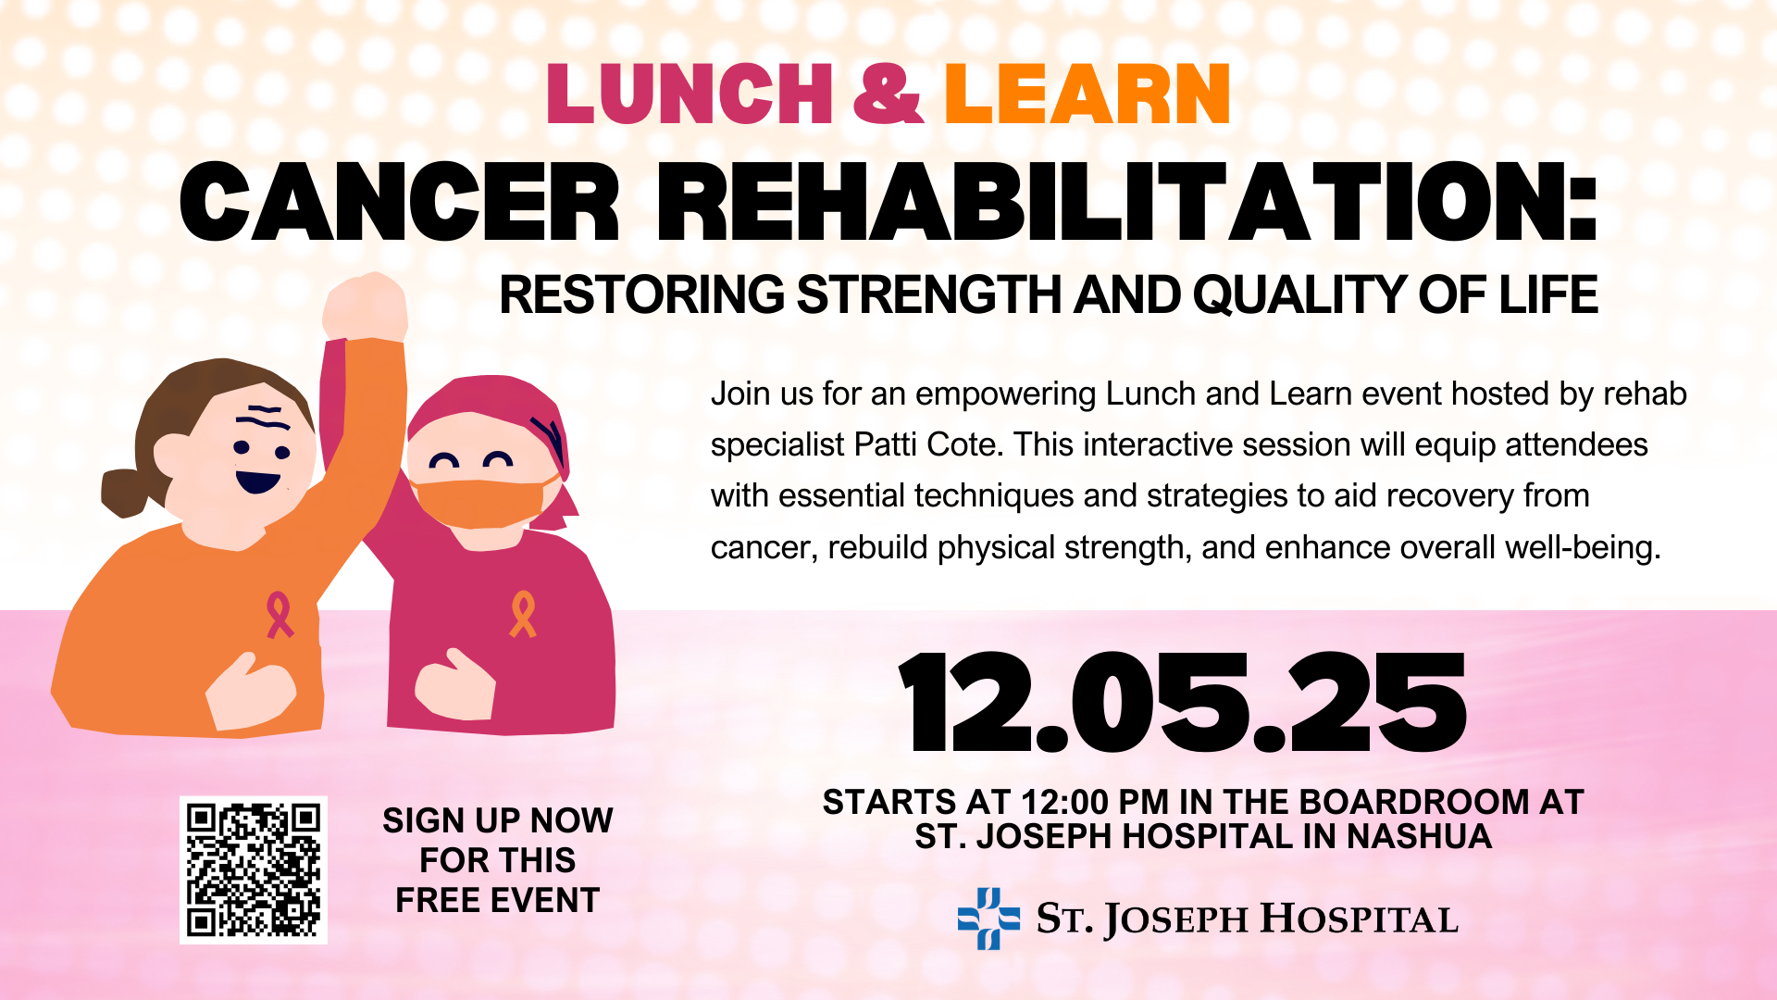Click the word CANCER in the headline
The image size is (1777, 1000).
pos(399,202)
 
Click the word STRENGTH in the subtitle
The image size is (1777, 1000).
pos(929,295)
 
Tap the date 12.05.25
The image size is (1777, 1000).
pos(1183,703)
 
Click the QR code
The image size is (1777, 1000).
pos(254,870)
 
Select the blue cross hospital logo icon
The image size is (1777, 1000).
pos(988,919)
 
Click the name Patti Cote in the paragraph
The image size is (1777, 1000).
pos(928,445)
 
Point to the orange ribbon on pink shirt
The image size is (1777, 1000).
pos(523,615)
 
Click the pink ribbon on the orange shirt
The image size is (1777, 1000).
pos(280,616)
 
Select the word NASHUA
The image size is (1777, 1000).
pos(1419,837)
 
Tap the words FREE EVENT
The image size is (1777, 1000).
pos(498,901)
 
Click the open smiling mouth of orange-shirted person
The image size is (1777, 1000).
pos(257,481)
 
